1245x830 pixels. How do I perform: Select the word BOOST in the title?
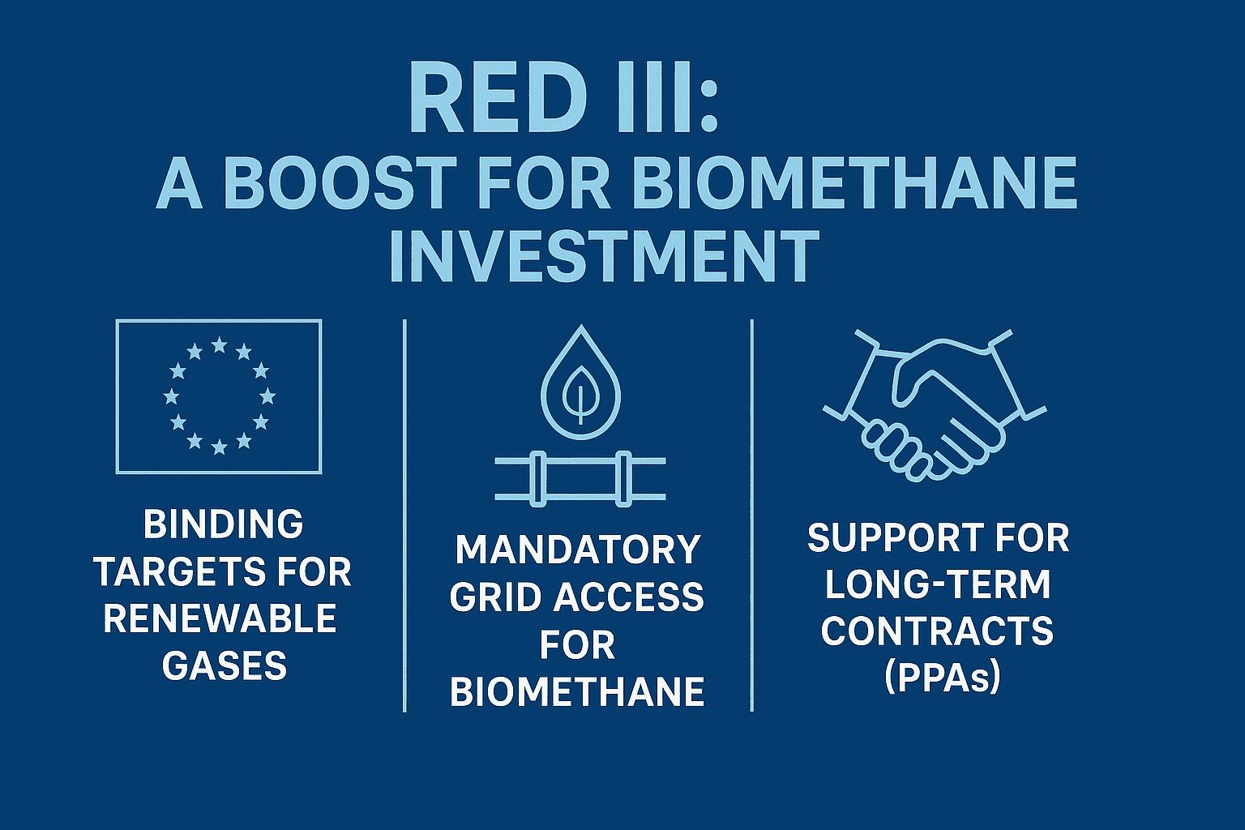coord(338,183)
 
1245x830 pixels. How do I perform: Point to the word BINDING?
coord(224,524)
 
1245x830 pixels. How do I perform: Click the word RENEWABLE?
coord(220,618)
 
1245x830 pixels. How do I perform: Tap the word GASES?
coord(225,665)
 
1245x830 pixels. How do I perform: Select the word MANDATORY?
coord(578,550)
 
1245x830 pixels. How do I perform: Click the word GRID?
coord(496,597)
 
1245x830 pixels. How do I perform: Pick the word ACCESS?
coord(629,597)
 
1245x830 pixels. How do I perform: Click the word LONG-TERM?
coord(938,584)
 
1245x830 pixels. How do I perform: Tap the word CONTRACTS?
coord(938,631)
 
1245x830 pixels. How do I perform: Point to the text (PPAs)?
coord(942,678)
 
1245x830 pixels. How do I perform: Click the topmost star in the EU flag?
coord(220,345)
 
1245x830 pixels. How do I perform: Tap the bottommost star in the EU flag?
coord(220,447)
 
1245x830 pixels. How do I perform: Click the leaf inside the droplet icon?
coord(581,394)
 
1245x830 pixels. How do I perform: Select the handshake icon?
coord(934,406)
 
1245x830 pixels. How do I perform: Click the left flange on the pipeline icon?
coord(537,479)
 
